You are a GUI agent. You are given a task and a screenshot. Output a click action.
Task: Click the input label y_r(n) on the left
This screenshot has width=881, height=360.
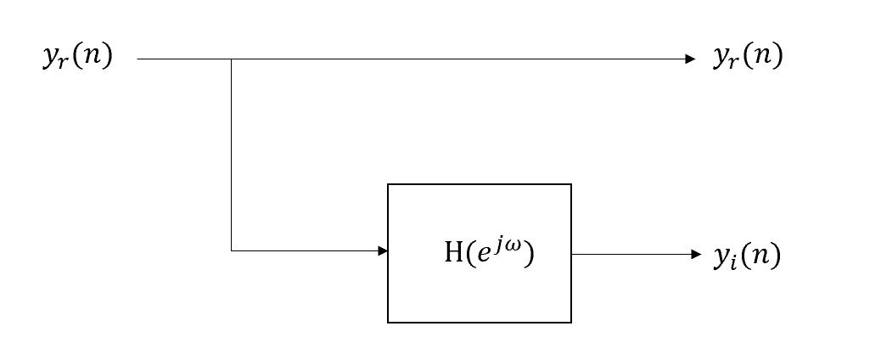77,59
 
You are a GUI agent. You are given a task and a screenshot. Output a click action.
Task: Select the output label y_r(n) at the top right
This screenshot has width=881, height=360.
747,58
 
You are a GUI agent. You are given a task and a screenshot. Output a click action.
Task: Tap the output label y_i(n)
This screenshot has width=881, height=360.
746,256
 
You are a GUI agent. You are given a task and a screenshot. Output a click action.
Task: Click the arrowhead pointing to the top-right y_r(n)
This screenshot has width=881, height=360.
690,59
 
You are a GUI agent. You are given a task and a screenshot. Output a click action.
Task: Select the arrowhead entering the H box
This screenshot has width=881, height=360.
383,250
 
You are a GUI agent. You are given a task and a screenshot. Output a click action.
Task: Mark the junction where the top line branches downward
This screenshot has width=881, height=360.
231,59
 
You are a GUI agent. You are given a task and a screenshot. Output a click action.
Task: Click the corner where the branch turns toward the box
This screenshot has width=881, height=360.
231,250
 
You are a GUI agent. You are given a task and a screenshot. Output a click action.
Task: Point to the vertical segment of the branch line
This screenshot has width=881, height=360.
231,153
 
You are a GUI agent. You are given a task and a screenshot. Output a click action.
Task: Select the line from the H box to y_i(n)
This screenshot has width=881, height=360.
628,254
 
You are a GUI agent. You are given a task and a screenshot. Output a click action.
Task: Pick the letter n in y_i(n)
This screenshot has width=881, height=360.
760,256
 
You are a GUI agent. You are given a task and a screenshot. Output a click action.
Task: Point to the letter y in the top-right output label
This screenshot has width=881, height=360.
721,59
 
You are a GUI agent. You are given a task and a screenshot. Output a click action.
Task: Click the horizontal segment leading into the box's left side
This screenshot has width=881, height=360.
306,250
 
